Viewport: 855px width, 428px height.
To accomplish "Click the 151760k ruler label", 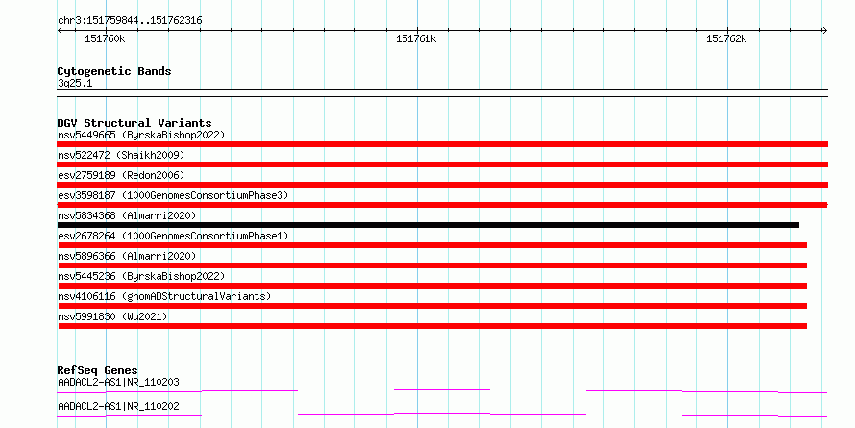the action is point(105,39).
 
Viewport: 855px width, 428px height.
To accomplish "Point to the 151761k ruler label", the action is point(416,39).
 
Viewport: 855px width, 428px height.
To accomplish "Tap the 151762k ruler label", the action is point(726,39).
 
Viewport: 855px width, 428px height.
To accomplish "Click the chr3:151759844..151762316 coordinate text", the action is point(130,21).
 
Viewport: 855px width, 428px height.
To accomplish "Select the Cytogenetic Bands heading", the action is point(114,71).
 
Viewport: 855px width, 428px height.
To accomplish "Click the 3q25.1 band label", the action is point(75,84).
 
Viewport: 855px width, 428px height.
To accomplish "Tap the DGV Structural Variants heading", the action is point(134,123).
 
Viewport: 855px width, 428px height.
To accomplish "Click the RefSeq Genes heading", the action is point(98,370).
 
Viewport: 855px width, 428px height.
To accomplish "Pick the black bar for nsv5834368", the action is point(428,225).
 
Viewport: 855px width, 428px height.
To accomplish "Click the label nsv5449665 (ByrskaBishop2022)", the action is point(141,135).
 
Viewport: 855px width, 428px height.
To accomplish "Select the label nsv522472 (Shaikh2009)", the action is point(121,155).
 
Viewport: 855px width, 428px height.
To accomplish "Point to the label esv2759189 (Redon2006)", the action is point(121,175).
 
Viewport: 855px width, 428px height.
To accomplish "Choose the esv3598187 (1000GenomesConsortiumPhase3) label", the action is point(173,195).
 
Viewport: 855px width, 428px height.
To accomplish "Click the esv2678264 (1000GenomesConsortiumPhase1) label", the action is point(173,236).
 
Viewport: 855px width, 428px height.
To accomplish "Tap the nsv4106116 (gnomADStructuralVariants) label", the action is point(164,296).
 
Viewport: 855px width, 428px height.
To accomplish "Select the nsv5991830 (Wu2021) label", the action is point(112,316).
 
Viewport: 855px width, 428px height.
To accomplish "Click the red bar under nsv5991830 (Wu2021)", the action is point(432,326).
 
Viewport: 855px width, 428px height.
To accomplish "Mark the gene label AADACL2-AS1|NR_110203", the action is point(118,382).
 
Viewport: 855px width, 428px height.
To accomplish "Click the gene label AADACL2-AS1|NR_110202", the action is point(118,406).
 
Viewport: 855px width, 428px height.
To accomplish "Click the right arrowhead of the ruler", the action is point(825,31).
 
